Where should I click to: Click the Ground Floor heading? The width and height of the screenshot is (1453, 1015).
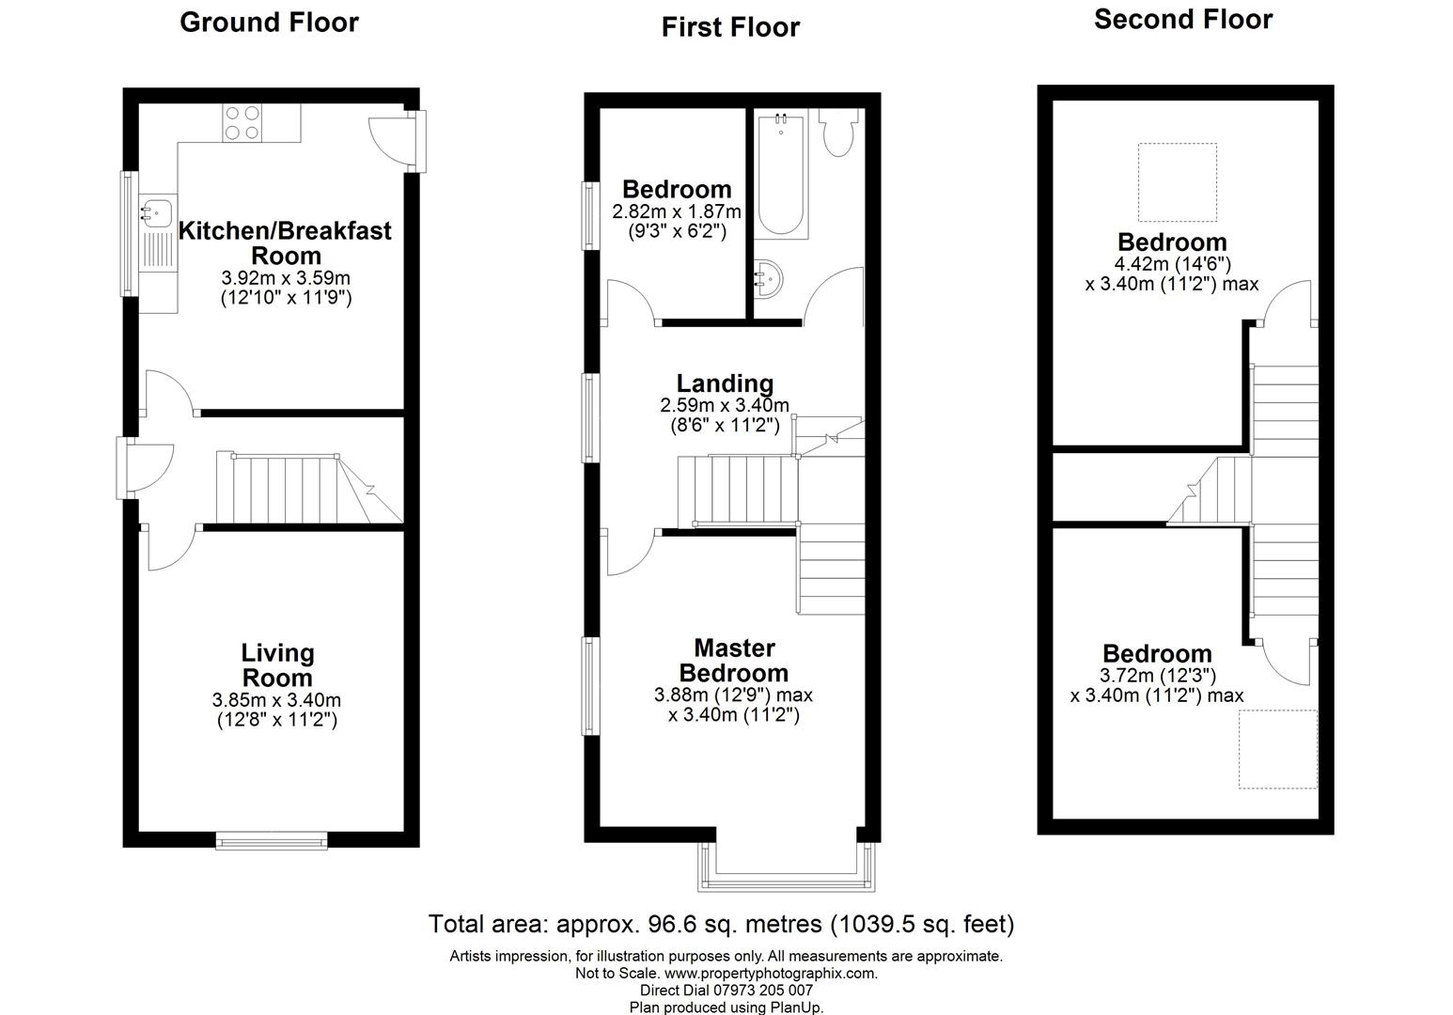[x=269, y=22]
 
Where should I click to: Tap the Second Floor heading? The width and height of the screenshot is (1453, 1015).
[x=1182, y=19]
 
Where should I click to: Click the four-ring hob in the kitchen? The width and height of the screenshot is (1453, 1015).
[x=242, y=122]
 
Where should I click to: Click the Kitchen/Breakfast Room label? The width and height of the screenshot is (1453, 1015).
[x=285, y=242]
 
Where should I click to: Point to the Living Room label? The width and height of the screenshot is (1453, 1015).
[x=277, y=664]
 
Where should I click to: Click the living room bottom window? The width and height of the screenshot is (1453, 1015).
[x=272, y=839]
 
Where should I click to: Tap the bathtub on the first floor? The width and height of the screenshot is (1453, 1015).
[x=781, y=174]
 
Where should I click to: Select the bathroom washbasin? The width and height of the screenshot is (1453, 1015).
[x=769, y=278]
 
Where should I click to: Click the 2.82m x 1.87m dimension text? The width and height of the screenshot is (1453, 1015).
[x=677, y=211]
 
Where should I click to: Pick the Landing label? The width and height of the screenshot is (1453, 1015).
[x=725, y=383]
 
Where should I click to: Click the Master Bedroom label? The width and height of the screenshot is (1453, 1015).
[x=733, y=660]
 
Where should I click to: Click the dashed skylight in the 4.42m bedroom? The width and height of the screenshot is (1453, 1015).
[x=1178, y=181]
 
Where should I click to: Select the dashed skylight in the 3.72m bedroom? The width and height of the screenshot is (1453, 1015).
[x=1277, y=749]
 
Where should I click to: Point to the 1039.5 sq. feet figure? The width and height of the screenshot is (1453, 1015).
[x=922, y=924]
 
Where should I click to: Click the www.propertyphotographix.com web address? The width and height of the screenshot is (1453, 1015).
[x=770, y=974]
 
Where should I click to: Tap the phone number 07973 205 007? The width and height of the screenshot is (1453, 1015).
[x=759, y=991]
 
